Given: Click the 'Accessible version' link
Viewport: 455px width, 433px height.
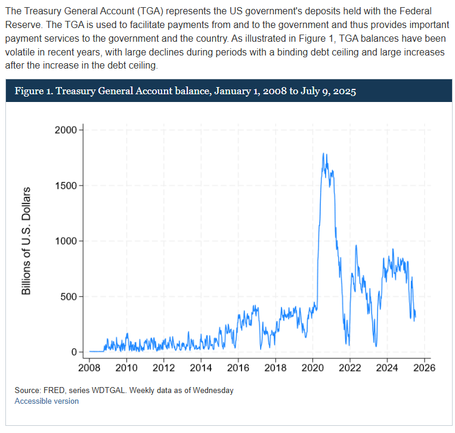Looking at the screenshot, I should coord(47,401).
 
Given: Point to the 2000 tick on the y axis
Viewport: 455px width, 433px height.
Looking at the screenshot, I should coord(66,130).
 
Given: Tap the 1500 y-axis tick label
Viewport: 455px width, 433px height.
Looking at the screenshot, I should coord(66,185).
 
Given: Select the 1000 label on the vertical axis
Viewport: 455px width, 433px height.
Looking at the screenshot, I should coord(66,241).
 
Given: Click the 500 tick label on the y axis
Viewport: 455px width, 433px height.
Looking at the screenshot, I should coord(69,296).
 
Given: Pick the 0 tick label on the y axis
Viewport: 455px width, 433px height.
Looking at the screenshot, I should coord(75,352).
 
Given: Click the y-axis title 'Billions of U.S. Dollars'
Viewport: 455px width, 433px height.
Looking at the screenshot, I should coord(26,241).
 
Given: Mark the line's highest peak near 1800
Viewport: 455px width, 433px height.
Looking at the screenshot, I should coord(323,154).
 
